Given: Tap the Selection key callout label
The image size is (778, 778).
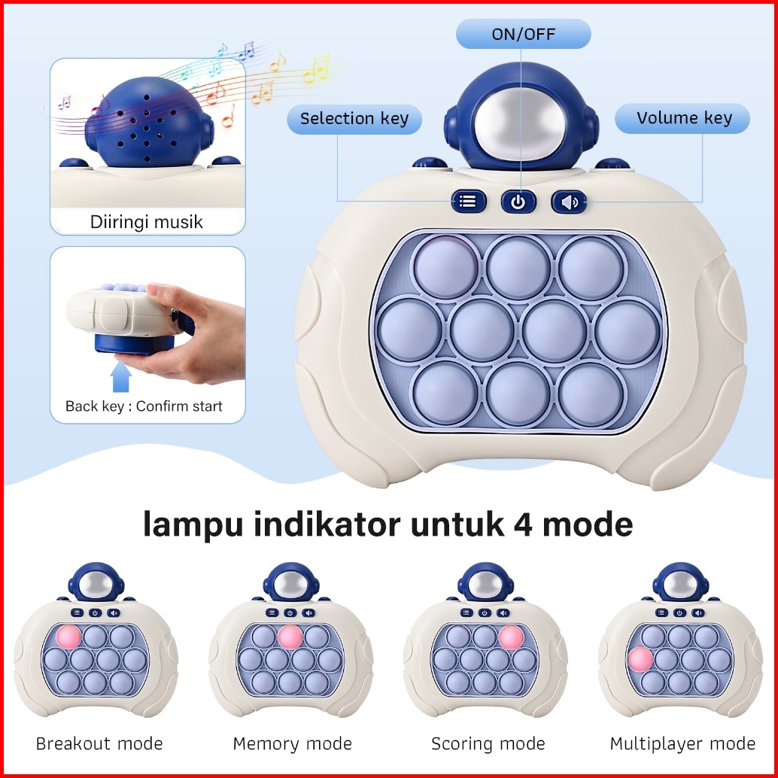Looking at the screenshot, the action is [354, 119].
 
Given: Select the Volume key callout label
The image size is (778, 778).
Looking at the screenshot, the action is [683, 119].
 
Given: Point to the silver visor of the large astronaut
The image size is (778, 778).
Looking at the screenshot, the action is [520, 120].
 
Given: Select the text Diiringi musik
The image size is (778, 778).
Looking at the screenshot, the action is [147, 222].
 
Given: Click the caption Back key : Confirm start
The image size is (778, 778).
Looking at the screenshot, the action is [144, 406].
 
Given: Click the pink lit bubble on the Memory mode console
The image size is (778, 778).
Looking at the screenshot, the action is [290, 637].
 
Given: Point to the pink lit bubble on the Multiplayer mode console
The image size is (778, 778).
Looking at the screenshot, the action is [640, 659].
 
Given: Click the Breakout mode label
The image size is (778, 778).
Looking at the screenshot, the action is [99, 744].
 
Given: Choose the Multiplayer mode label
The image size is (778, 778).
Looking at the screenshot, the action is [682, 744].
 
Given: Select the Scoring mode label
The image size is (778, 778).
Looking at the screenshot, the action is [488, 744].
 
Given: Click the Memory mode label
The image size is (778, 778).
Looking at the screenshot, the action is [292, 744].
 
